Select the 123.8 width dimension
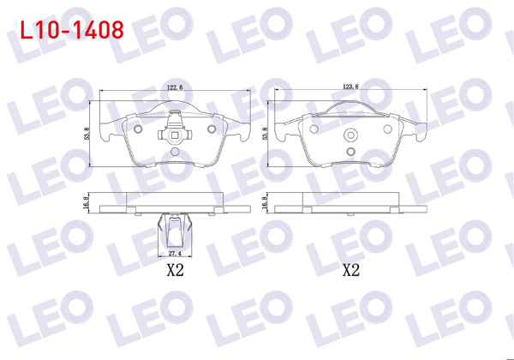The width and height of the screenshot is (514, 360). pos(349,88)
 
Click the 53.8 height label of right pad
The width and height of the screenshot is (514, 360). pos(265,135)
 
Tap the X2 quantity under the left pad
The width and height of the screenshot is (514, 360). pos(176,272)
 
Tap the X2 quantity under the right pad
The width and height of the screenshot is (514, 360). pos(350,272)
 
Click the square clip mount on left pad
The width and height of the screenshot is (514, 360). pos(175,133)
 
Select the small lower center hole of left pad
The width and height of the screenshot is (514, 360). pos(175,151)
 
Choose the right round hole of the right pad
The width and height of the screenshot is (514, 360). pos(386,129)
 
